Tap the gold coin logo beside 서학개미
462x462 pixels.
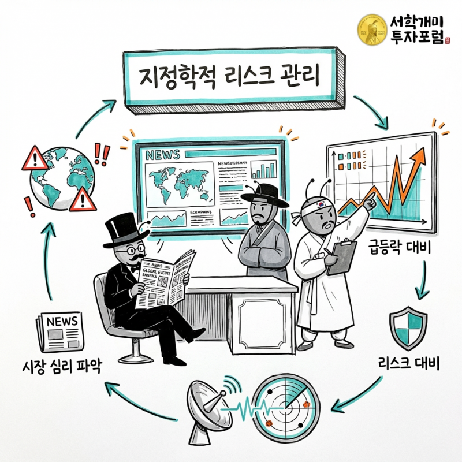pyautogui.click(x=372, y=30)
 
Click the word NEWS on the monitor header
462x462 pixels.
pyautogui.click(x=163, y=155)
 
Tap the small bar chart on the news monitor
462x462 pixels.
pyautogui.click(x=266, y=169)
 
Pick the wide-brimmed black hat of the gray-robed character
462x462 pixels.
pyautogui.click(x=264, y=194)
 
